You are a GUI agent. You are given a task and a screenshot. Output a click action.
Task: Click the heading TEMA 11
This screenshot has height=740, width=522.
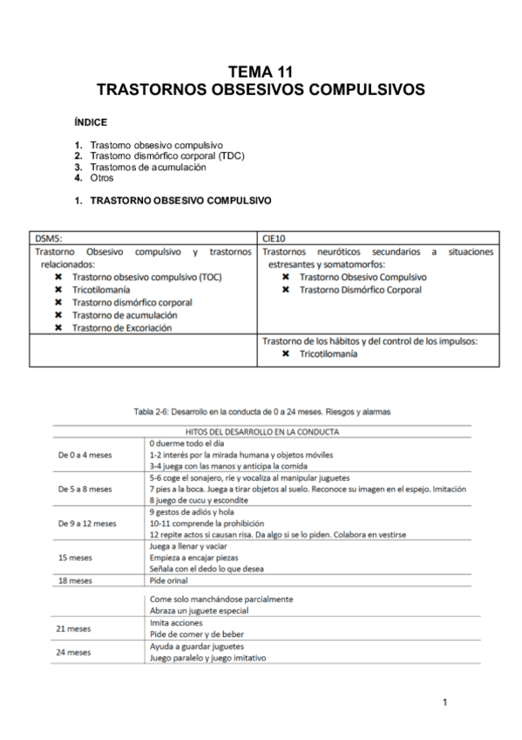261,72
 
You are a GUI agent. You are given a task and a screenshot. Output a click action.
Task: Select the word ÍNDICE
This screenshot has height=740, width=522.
90,122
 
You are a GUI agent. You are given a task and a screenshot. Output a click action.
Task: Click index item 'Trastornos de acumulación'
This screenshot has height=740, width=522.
147,166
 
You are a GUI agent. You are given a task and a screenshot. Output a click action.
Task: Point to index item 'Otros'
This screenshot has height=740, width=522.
102,177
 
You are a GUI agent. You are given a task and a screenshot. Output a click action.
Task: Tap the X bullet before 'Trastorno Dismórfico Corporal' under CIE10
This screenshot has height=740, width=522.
287,290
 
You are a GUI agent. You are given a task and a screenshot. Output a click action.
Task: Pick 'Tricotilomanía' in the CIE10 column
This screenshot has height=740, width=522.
329,355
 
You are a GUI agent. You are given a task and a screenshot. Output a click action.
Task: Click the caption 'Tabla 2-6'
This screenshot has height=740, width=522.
261,410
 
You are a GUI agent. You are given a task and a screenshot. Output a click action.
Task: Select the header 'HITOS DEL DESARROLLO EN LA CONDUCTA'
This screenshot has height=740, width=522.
262,431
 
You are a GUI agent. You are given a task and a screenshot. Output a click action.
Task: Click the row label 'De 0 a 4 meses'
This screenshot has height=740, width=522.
85,455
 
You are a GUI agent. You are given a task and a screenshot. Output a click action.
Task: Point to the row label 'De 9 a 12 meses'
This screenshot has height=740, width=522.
86,523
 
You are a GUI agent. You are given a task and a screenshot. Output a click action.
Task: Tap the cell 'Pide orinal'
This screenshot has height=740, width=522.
168,579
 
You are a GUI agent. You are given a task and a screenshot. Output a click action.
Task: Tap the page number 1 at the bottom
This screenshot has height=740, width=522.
444,702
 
